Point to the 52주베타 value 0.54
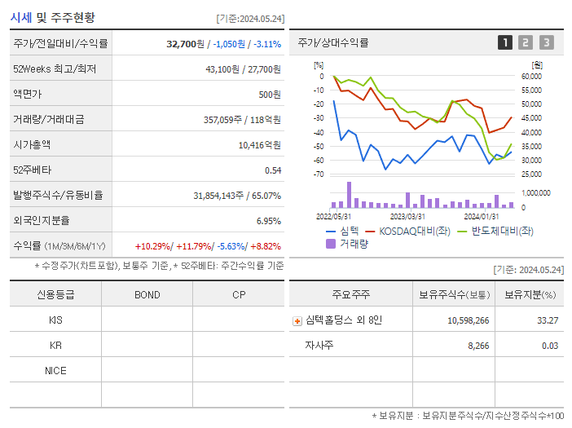(272, 170)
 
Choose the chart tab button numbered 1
(505, 42)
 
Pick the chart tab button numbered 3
(546, 42)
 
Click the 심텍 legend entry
(341, 231)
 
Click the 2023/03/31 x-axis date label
(407, 216)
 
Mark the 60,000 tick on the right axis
(530, 76)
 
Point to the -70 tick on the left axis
(318, 174)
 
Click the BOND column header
(147, 294)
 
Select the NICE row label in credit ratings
(55, 370)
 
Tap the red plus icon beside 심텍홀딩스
(297, 320)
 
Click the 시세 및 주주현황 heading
(52, 17)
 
